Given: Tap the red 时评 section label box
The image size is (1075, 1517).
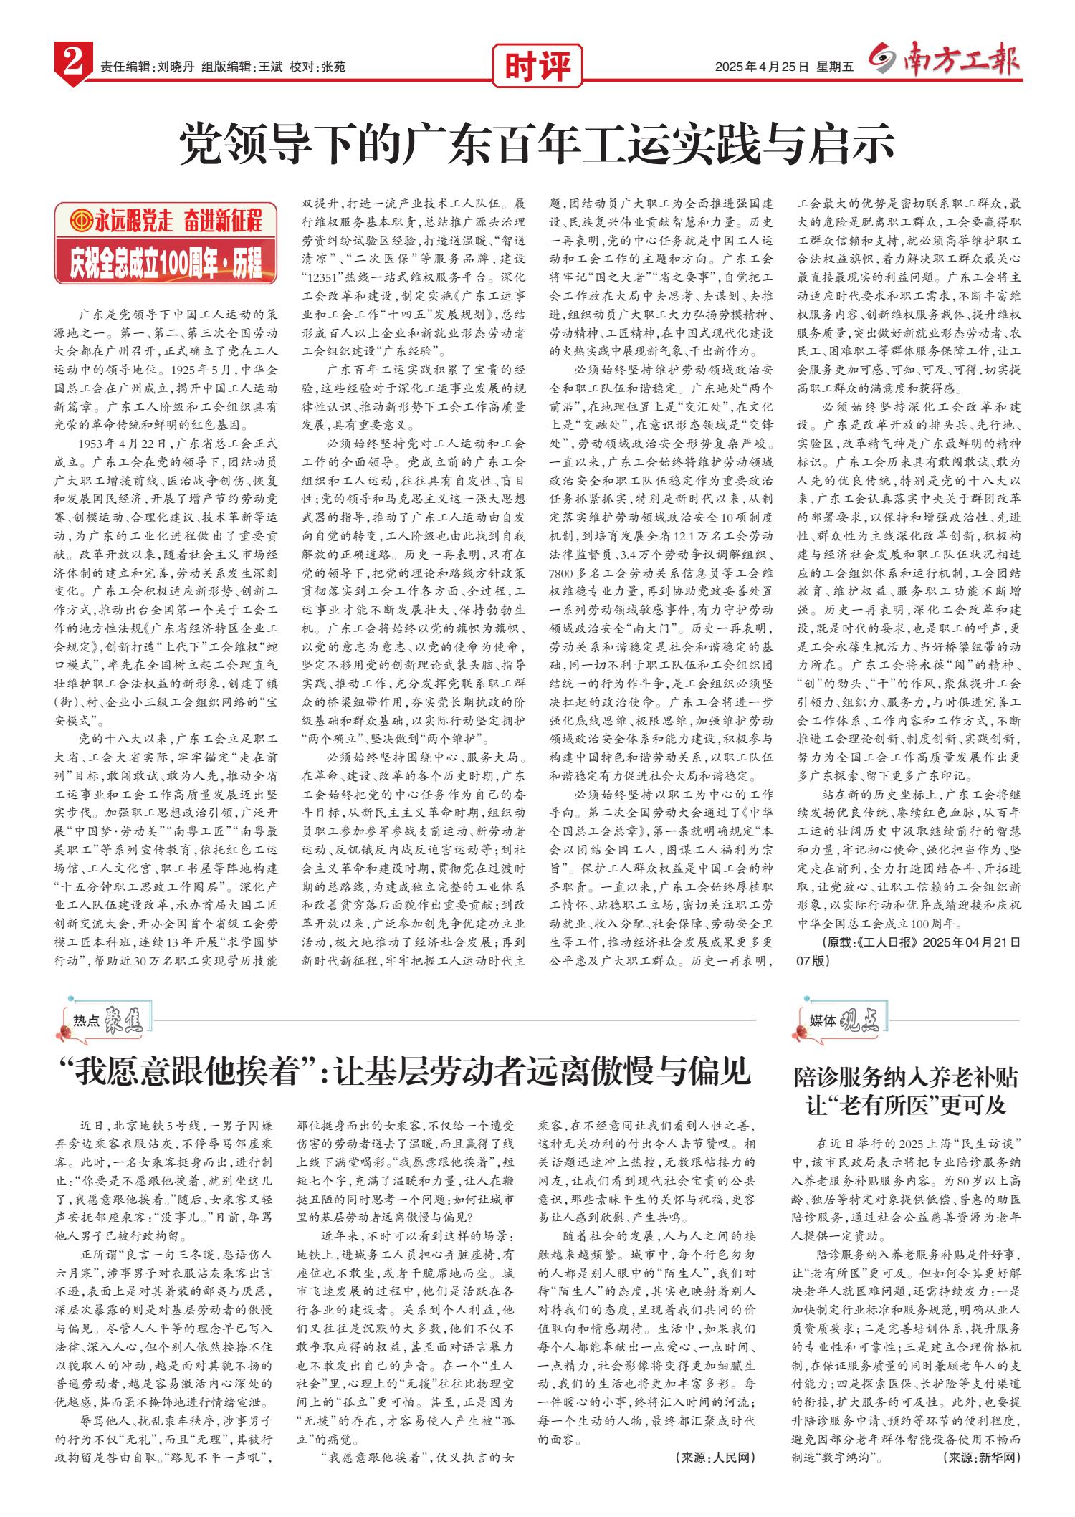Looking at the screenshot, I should click(x=537, y=67).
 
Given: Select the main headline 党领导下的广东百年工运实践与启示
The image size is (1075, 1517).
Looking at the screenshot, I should click(x=537, y=143).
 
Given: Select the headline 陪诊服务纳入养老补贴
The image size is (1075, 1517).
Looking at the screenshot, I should click(x=906, y=1078).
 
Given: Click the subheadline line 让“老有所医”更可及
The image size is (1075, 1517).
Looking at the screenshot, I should click(x=906, y=1104).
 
